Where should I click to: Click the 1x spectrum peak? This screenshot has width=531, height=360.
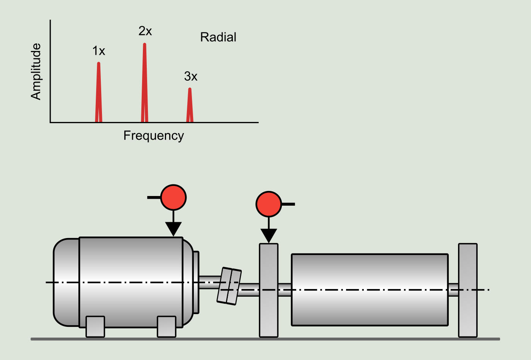click(x=98, y=93)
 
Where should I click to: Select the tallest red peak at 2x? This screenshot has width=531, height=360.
click(x=144, y=83)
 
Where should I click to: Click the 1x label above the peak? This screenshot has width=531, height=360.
click(x=98, y=51)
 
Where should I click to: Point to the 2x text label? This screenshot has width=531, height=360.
click(x=145, y=31)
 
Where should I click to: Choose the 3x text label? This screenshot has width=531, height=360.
click(x=191, y=76)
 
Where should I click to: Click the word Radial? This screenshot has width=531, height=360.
click(x=218, y=37)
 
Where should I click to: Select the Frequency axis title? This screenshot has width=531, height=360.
click(x=154, y=136)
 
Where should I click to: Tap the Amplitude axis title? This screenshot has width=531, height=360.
click(x=36, y=71)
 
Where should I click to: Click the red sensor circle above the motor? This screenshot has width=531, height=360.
click(x=173, y=197)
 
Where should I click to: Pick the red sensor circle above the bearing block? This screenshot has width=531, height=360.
click(x=269, y=204)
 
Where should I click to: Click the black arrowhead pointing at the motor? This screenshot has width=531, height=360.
click(x=173, y=229)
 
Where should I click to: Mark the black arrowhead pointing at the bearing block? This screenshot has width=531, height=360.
click(x=269, y=235)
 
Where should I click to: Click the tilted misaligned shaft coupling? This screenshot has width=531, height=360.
click(x=229, y=286)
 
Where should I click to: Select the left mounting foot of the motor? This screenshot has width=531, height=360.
click(x=95, y=326)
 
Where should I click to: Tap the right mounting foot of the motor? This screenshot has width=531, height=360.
click(x=166, y=326)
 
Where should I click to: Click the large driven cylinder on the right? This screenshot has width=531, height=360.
click(x=370, y=289)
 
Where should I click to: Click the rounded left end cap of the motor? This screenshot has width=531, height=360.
click(x=66, y=282)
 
